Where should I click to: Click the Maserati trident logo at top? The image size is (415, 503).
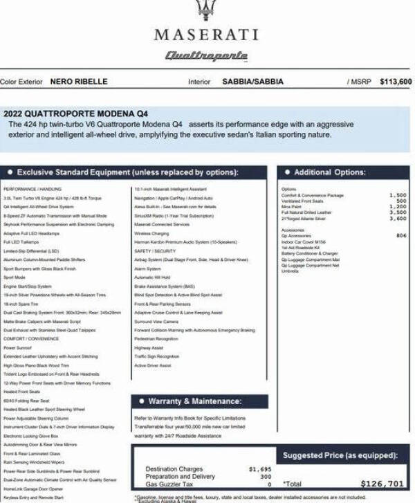206,8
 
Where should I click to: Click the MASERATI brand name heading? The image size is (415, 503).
206,35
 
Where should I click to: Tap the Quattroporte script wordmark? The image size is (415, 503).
206,55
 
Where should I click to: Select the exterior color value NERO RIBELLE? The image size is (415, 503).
79,82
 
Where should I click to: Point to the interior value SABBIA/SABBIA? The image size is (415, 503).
252,82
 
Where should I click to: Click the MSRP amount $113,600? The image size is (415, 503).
396,82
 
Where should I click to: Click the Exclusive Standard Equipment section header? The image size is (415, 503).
127,172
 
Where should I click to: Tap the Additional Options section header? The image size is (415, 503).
329,172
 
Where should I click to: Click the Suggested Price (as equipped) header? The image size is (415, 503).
340,455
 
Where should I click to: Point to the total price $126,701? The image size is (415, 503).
382,484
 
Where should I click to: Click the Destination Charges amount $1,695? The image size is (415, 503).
260,469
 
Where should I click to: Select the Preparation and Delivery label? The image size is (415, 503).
180,477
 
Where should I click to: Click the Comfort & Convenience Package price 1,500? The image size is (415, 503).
398,196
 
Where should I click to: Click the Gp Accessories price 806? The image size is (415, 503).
401,236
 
